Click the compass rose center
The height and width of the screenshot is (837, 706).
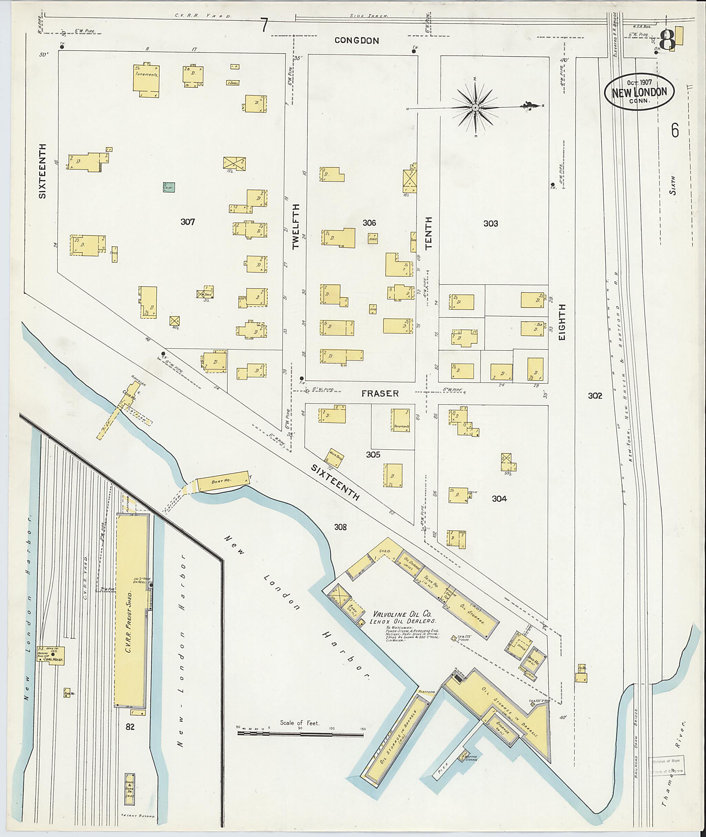point(475,108)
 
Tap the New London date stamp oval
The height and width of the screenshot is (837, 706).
point(639,92)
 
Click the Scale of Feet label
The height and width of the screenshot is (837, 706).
point(302,723)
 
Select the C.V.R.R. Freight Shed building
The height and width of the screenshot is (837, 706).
point(131,610)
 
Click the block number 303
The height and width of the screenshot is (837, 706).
point(490,224)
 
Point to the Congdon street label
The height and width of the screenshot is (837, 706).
point(356,40)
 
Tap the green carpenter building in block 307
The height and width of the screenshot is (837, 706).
point(169,187)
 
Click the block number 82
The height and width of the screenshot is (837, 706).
point(130,727)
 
